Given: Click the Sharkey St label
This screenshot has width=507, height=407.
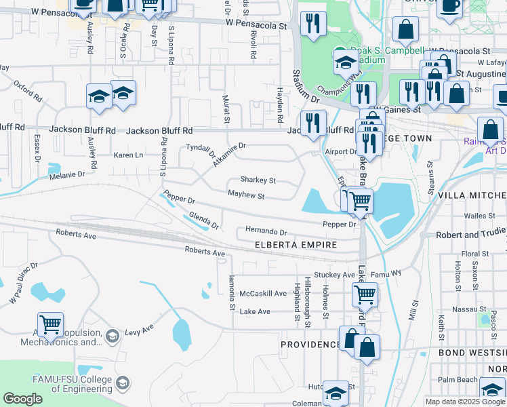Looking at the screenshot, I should (x=258, y=180).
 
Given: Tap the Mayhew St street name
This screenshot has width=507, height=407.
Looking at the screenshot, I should (x=245, y=195).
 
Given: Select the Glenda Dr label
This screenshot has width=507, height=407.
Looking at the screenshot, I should (x=204, y=220).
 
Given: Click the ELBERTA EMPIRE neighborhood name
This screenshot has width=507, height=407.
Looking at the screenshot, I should (x=296, y=245).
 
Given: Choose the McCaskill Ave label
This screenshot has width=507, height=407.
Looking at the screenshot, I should (x=264, y=294).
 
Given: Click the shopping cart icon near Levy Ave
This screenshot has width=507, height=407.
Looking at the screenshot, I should (x=51, y=326).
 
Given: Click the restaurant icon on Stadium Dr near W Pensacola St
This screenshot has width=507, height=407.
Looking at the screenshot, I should (x=312, y=24).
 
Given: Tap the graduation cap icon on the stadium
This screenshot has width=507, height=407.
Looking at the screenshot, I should (x=345, y=63).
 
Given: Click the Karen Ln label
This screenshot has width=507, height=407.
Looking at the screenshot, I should (x=128, y=155).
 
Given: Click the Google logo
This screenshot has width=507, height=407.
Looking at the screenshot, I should (x=22, y=399).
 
